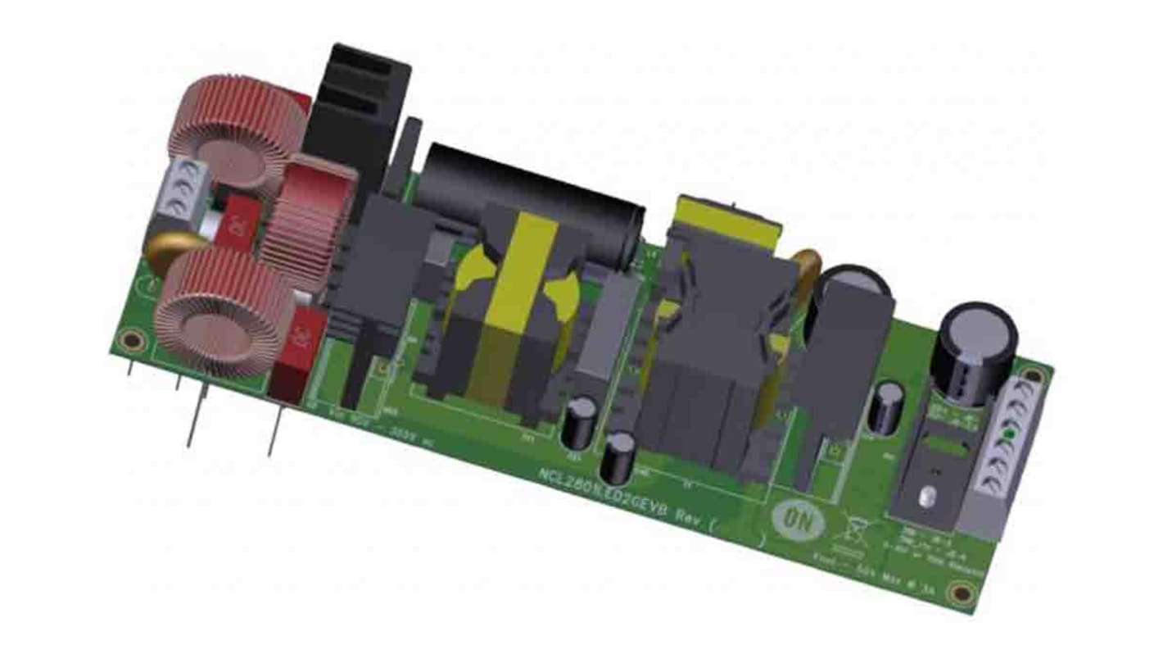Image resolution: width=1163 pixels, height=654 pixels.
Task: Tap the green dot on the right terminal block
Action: click(x=1009, y=434)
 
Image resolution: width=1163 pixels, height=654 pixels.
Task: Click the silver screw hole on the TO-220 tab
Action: click(x=927, y=496)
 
